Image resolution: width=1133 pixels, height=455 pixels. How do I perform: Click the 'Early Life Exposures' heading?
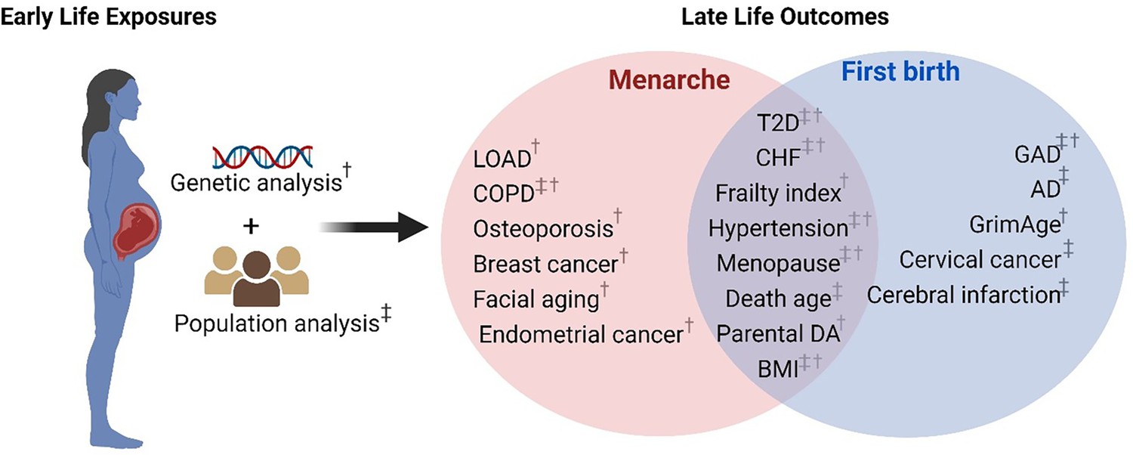[108, 17]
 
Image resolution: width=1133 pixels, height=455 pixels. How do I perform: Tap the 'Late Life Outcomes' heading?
[785, 17]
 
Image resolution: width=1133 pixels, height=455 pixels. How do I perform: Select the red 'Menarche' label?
[669, 80]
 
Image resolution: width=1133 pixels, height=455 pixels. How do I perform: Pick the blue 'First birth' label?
[900, 71]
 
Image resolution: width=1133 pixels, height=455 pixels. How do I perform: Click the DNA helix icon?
[263, 156]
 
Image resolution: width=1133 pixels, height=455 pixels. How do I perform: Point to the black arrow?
[374, 227]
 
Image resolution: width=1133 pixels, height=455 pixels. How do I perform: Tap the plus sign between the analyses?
[251, 226]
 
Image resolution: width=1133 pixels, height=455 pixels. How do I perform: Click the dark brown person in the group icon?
[257, 280]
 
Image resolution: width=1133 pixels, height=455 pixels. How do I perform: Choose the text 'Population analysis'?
[276, 323]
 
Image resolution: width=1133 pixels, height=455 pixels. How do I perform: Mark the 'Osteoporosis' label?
[543, 229]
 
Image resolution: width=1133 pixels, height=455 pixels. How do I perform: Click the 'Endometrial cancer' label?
[581, 335]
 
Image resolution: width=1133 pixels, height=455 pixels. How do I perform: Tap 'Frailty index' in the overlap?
[778, 193]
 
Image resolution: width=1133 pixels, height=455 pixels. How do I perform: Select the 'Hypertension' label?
[778, 228]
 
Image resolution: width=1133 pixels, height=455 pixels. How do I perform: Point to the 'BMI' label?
[778, 369]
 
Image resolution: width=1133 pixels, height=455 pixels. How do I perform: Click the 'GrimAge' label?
[1014, 224]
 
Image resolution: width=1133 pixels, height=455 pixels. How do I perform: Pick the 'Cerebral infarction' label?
[964, 295]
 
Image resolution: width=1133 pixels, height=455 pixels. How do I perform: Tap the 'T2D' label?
[778, 122]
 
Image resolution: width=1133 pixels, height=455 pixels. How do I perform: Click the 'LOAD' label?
[502, 159]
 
